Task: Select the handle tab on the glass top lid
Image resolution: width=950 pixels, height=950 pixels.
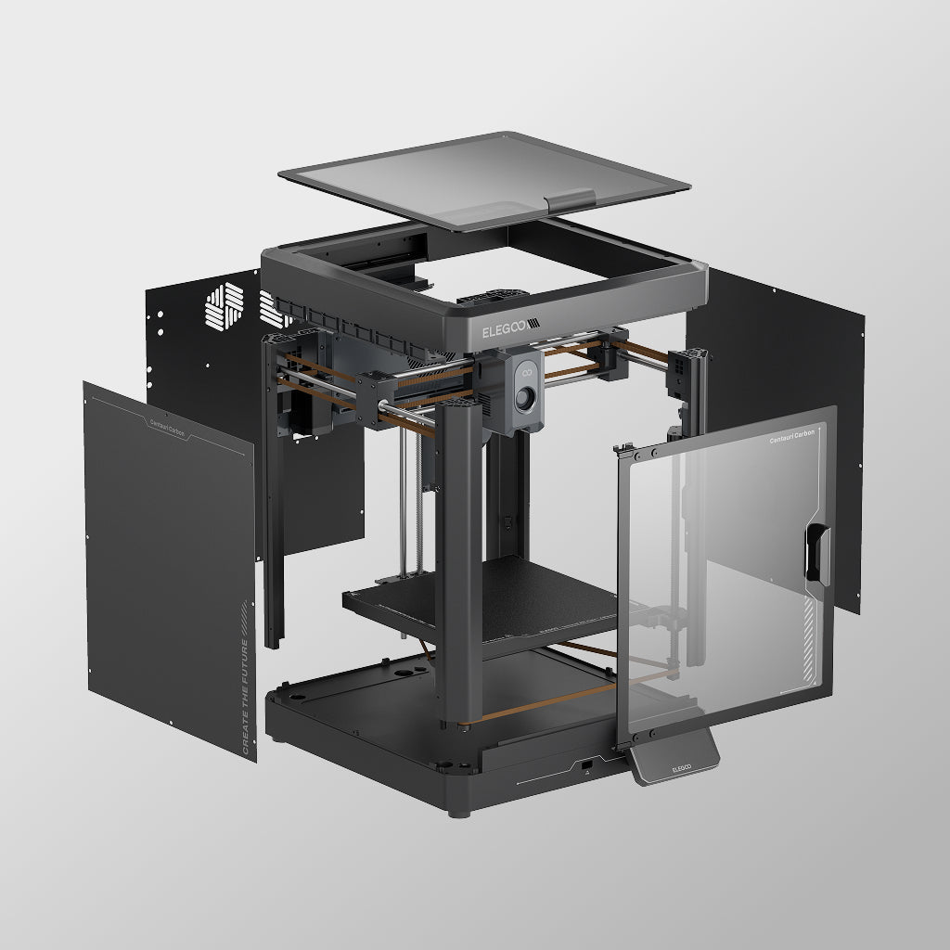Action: (571, 199)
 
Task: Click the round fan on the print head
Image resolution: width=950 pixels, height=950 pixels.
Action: (526, 401)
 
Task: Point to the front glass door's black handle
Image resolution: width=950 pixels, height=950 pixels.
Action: (817, 554)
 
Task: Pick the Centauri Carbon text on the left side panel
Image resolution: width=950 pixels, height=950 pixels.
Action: (167, 428)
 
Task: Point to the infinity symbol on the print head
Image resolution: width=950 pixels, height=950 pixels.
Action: (525, 373)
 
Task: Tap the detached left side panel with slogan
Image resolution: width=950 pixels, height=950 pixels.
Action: (167, 566)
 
